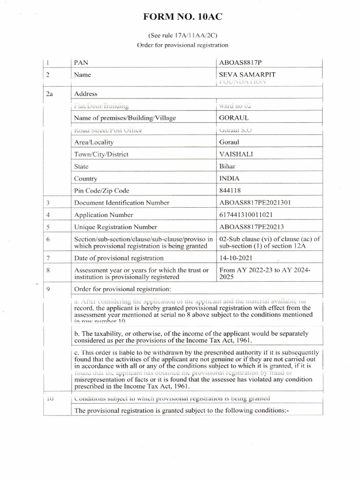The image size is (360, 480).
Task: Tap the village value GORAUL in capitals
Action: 232,118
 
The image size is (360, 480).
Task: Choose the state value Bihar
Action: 227,166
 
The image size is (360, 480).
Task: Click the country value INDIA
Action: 229,179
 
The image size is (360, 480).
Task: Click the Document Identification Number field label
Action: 121,203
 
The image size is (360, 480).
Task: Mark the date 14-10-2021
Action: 238,258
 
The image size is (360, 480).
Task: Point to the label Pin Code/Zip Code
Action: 102,191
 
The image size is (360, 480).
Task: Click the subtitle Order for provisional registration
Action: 182,45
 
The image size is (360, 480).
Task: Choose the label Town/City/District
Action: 101,154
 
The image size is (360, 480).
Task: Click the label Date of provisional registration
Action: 119,258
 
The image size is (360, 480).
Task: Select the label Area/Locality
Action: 94,142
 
